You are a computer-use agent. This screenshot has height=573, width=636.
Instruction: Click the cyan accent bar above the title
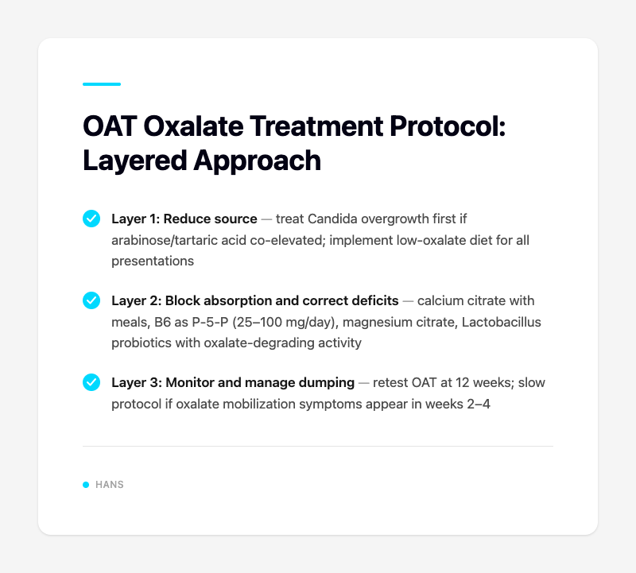(x=102, y=84)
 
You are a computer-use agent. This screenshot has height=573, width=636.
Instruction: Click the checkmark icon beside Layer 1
(x=91, y=219)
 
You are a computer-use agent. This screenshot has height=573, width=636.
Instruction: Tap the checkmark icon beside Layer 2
(x=91, y=300)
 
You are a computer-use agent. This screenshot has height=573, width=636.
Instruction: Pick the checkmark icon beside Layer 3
(x=91, y=383)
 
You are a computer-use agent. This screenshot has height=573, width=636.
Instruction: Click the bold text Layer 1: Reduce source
(x=184, y=219)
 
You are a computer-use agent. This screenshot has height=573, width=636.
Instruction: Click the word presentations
(x=153, y=260)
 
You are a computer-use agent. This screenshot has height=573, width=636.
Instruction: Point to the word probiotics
(x=142, y=343)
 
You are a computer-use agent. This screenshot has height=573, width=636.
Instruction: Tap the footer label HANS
(x=109, y=485)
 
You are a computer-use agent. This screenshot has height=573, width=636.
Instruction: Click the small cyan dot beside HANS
(x=86, y=485)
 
